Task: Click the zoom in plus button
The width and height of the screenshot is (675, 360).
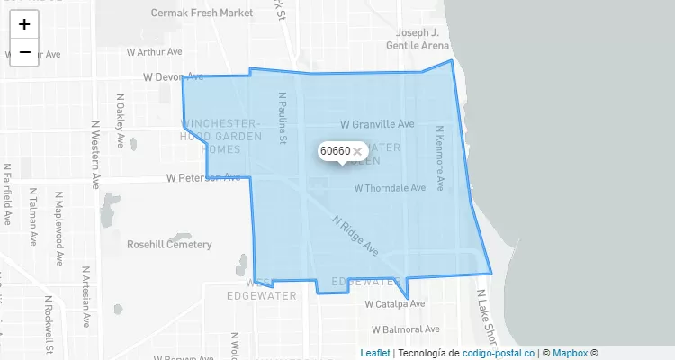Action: tap(24, 24)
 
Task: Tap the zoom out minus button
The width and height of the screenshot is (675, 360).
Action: tap(24, 52)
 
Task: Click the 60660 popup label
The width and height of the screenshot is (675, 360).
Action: tap(335, 151)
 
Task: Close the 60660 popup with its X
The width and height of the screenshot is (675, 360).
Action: tap(357, 151)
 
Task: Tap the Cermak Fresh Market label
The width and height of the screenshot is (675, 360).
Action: tap(202, 13)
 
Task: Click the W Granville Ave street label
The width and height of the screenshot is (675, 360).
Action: tap(377, 123)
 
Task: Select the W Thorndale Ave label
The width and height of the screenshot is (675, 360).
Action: tap(390, 189)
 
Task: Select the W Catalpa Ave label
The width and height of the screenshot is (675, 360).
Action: tap(395, 304)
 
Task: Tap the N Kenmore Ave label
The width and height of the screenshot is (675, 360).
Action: tap(440, 158)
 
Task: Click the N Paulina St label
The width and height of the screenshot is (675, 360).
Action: tap(282, 117)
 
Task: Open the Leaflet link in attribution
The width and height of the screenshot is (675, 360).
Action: tap(375, 353)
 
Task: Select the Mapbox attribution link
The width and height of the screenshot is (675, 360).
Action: tap(571, 353)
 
